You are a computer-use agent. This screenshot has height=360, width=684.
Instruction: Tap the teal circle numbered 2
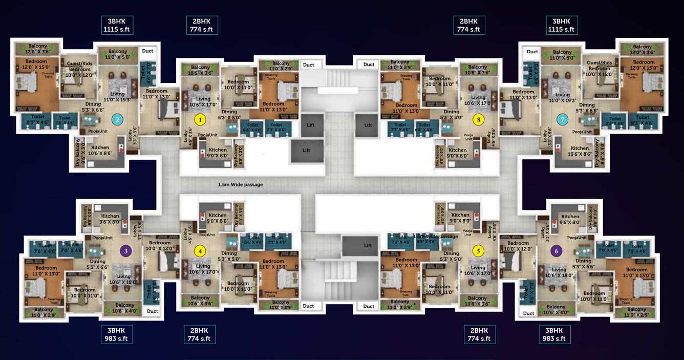[117, 120]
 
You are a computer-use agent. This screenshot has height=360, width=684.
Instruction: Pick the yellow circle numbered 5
[478, 251]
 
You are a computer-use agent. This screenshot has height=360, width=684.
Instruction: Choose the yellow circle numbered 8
[479, 119]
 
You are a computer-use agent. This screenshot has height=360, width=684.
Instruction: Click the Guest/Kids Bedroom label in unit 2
[79, 66]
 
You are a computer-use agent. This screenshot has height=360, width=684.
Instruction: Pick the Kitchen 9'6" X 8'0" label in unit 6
[570, 219]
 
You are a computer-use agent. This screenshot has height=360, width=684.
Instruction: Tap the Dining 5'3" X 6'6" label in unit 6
[584, 264]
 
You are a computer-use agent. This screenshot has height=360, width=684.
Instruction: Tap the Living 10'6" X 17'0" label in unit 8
[478, 100]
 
